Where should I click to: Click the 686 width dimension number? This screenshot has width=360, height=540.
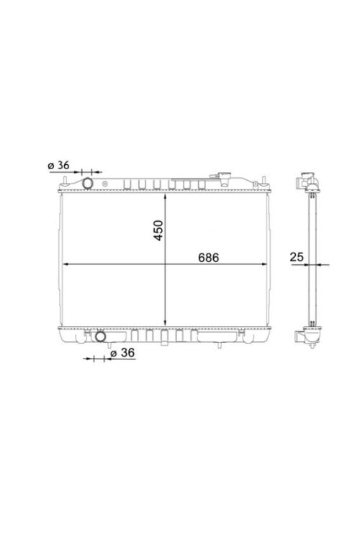(208, 257)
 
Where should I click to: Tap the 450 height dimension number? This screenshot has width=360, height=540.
(158, 230)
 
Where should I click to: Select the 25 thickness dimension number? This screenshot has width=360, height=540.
(297, 256)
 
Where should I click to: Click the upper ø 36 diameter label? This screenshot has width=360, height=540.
(58, 166)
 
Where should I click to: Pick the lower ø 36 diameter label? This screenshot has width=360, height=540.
(122, 353)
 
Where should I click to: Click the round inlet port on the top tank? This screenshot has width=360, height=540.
(88, 183)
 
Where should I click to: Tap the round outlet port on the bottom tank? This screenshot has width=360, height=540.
(100, 336)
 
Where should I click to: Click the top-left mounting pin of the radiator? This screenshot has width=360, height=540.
(64, 181)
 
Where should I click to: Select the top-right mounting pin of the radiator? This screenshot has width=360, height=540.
(264, 181)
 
